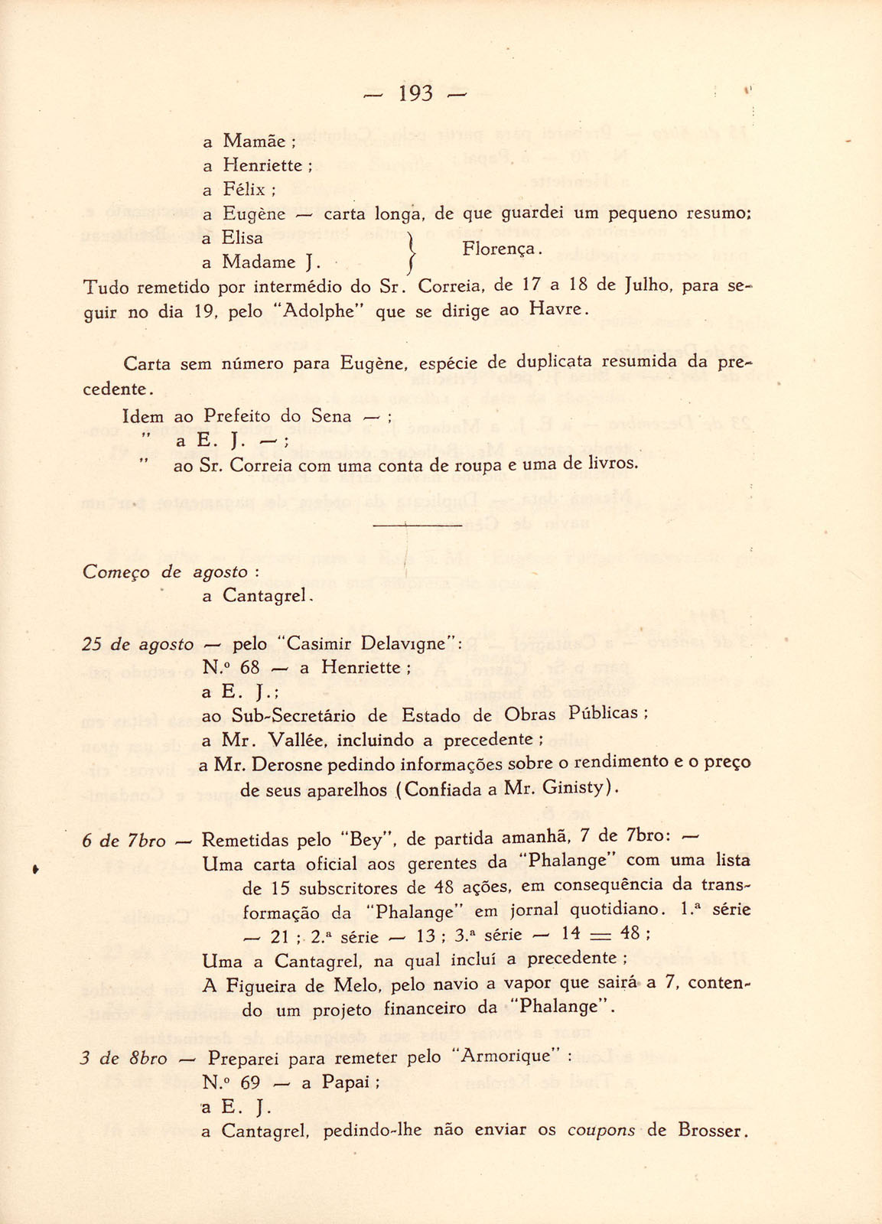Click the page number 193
coord(416,94)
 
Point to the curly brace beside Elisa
coord(411,250)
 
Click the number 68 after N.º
coord(250,668)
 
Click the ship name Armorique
coord(508,1058)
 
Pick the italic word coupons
coord(600,1131)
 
